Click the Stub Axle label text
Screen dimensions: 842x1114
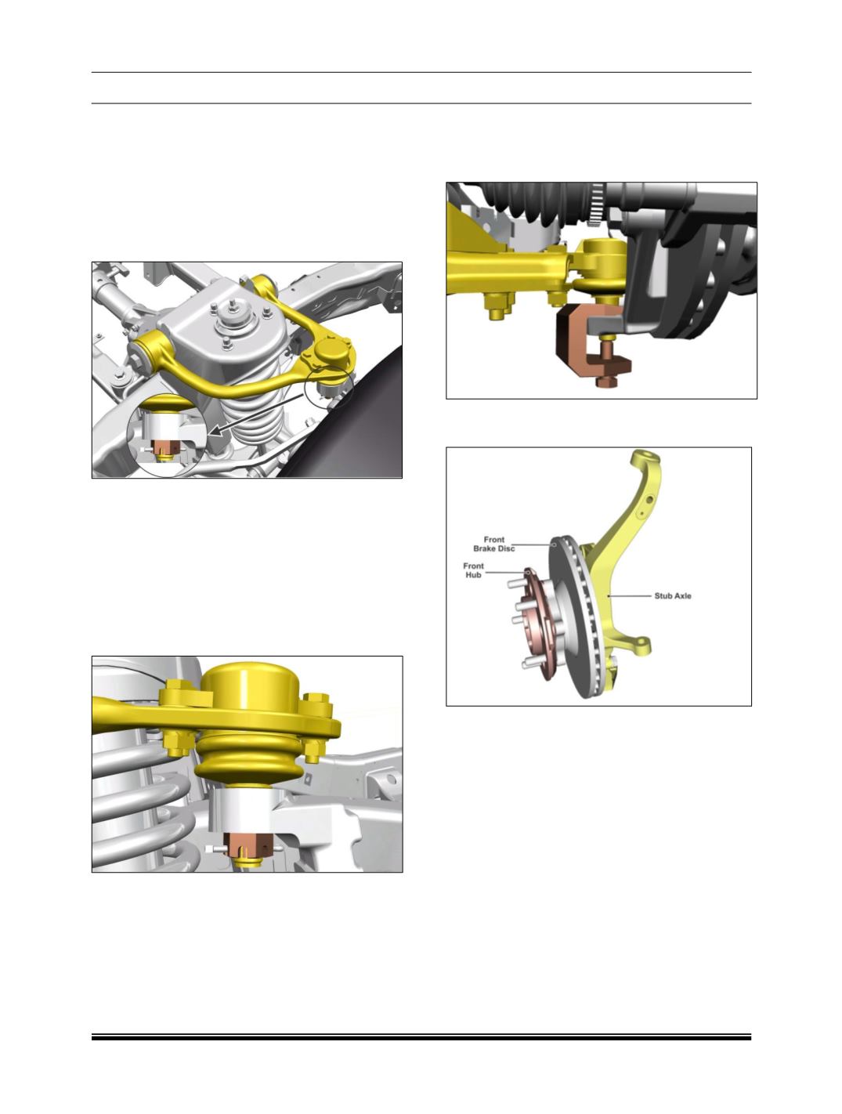pos(673,596)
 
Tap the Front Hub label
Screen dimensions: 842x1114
pos(473,570)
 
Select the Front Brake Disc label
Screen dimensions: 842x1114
pos(493,544)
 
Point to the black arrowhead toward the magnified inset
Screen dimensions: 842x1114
pos(215,432)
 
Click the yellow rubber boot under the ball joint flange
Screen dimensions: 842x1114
pos(250,760)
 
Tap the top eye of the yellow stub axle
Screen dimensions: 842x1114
pos(646,456)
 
